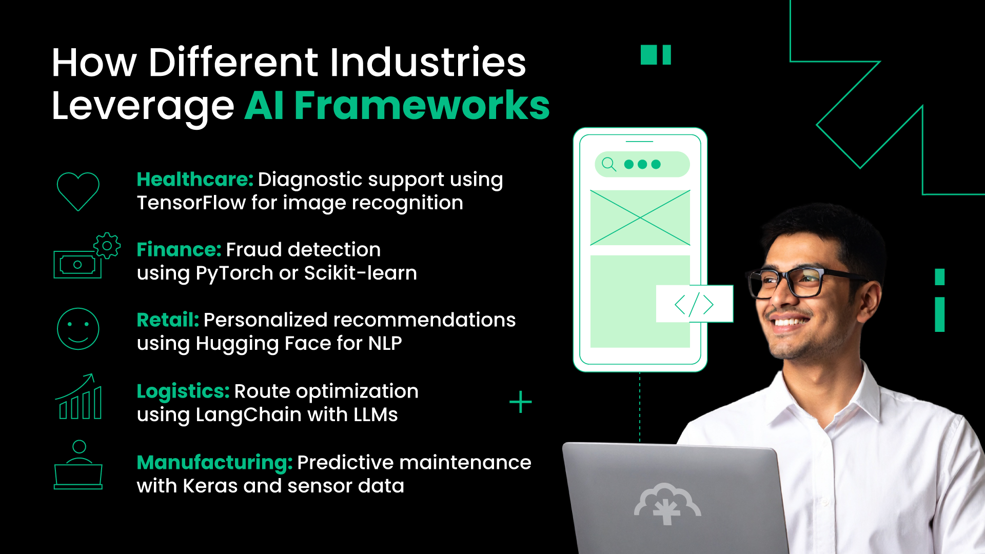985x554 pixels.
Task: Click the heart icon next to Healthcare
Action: click(x=78, y=191)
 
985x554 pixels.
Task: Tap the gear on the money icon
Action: click(x=107, y=246)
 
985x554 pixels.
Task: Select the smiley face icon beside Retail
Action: click(x=78, y=329)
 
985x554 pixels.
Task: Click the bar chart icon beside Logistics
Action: click(x=80, y=398)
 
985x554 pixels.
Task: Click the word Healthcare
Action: click(x=194, y=180)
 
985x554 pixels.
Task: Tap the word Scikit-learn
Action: click(x=360, y=273)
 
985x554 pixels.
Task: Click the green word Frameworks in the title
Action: click(x=422, y=106)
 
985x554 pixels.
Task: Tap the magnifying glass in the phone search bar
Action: click(x=608, y=164)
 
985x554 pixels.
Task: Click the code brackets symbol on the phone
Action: click(x=694, y=304)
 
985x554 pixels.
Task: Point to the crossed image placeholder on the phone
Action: click(x=640, y=218)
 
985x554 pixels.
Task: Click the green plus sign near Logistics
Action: click(x=520, y=402)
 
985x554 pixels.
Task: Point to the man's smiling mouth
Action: click(x=790, y=322)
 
